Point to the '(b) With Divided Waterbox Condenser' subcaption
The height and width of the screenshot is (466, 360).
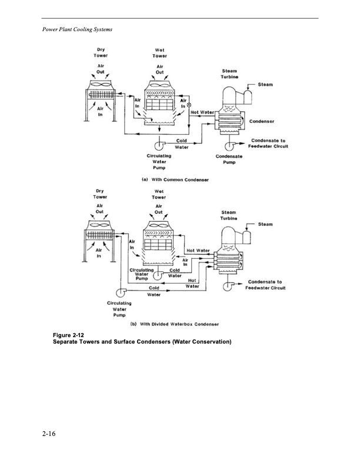(x=176, y=324)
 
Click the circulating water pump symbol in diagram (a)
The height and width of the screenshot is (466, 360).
(x=159, y=145)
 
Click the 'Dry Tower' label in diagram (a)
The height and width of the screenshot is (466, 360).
(x=98, y=52)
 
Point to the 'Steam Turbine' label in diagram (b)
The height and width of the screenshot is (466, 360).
(x=229, y=215)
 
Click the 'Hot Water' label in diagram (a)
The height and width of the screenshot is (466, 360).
(x=202, y=112)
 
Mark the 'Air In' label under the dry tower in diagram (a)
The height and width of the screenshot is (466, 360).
(x=99, y=111)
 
